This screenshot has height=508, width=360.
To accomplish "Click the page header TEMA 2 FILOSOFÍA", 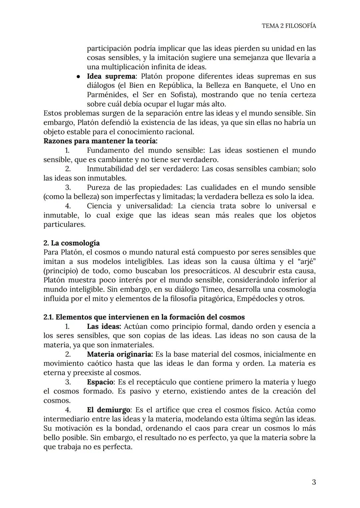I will pos(289,26).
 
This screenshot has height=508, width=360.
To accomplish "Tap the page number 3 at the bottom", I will pos(313,482).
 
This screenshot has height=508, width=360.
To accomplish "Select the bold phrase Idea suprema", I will pos(111,76).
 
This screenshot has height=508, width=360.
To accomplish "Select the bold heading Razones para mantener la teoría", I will pos(100,141).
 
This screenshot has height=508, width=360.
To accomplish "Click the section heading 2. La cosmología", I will pos(71,243).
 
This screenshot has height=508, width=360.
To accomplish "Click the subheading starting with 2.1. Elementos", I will pos(144,317).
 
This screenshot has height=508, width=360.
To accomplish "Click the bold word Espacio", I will pos(100,382).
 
